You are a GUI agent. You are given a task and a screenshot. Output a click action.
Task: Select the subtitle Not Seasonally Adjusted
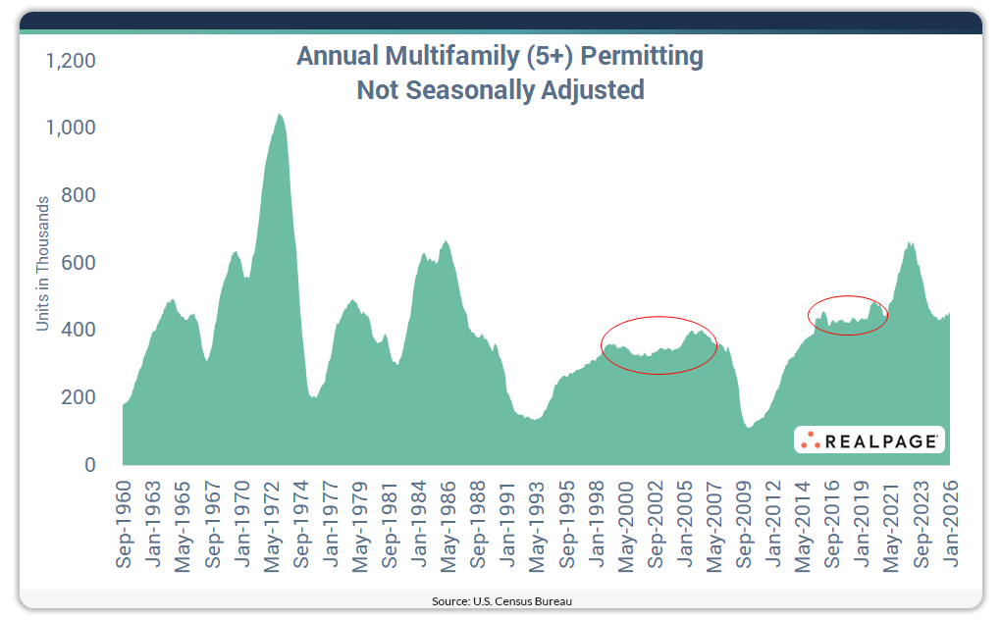click(x=500, y=90)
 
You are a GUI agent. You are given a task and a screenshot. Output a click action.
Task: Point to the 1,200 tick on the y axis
click(x=71, y=61)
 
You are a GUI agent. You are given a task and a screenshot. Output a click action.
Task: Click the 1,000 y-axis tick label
click(x=71, y=129)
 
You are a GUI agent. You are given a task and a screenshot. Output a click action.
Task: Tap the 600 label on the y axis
click(x=79, y=263)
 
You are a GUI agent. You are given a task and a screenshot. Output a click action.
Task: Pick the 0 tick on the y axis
click(x=89, y=465)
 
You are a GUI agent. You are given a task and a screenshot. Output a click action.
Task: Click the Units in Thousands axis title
click(x=42, y=263)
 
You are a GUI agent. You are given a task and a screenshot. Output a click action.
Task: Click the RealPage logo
click(x=869, y=440)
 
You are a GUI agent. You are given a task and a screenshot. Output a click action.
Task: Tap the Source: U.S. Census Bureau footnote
click(x=500, y=600)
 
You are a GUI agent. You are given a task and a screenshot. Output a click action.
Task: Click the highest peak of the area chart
click(x=279, y=114)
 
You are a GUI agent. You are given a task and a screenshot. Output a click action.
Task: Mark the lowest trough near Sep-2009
click(x=748, y=427)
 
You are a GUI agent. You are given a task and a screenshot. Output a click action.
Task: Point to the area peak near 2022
click(x=910, y=242)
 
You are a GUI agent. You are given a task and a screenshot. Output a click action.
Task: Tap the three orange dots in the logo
click(x=810, y=440)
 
